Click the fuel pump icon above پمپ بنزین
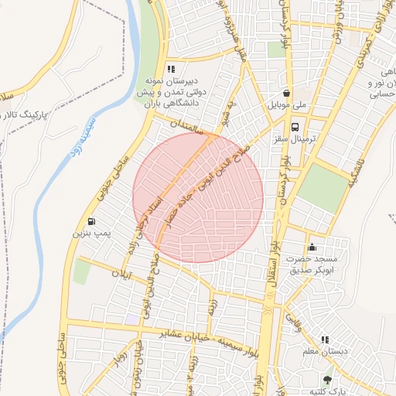click(x=94, y=220)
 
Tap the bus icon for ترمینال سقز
click(x=295, y=127)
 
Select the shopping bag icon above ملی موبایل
click(x=286, y=91)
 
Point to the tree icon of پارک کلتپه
click(x=327, y=379)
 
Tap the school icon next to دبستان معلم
click(x=325, y=340)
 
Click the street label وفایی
click(x=291, y=316)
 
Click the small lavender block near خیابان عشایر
click(x=132, y=319)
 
